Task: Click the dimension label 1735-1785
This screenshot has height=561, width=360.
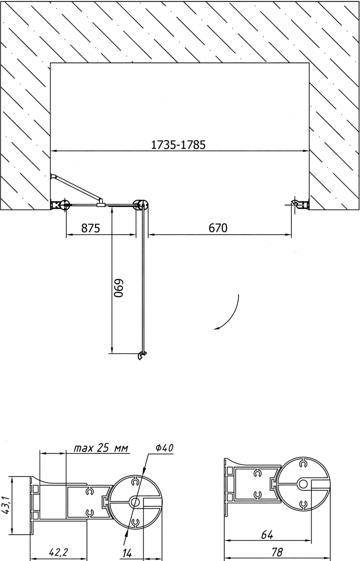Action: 178,144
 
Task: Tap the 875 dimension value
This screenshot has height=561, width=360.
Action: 91,228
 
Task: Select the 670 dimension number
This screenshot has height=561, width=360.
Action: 217,228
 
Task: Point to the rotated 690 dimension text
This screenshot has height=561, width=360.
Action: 118,288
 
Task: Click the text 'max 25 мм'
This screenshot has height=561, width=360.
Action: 101,448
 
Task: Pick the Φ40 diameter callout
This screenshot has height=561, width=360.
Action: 164,448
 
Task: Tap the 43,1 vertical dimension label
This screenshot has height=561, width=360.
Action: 5,505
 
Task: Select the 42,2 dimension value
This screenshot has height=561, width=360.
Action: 59,552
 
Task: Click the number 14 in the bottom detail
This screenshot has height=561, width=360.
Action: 127,553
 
